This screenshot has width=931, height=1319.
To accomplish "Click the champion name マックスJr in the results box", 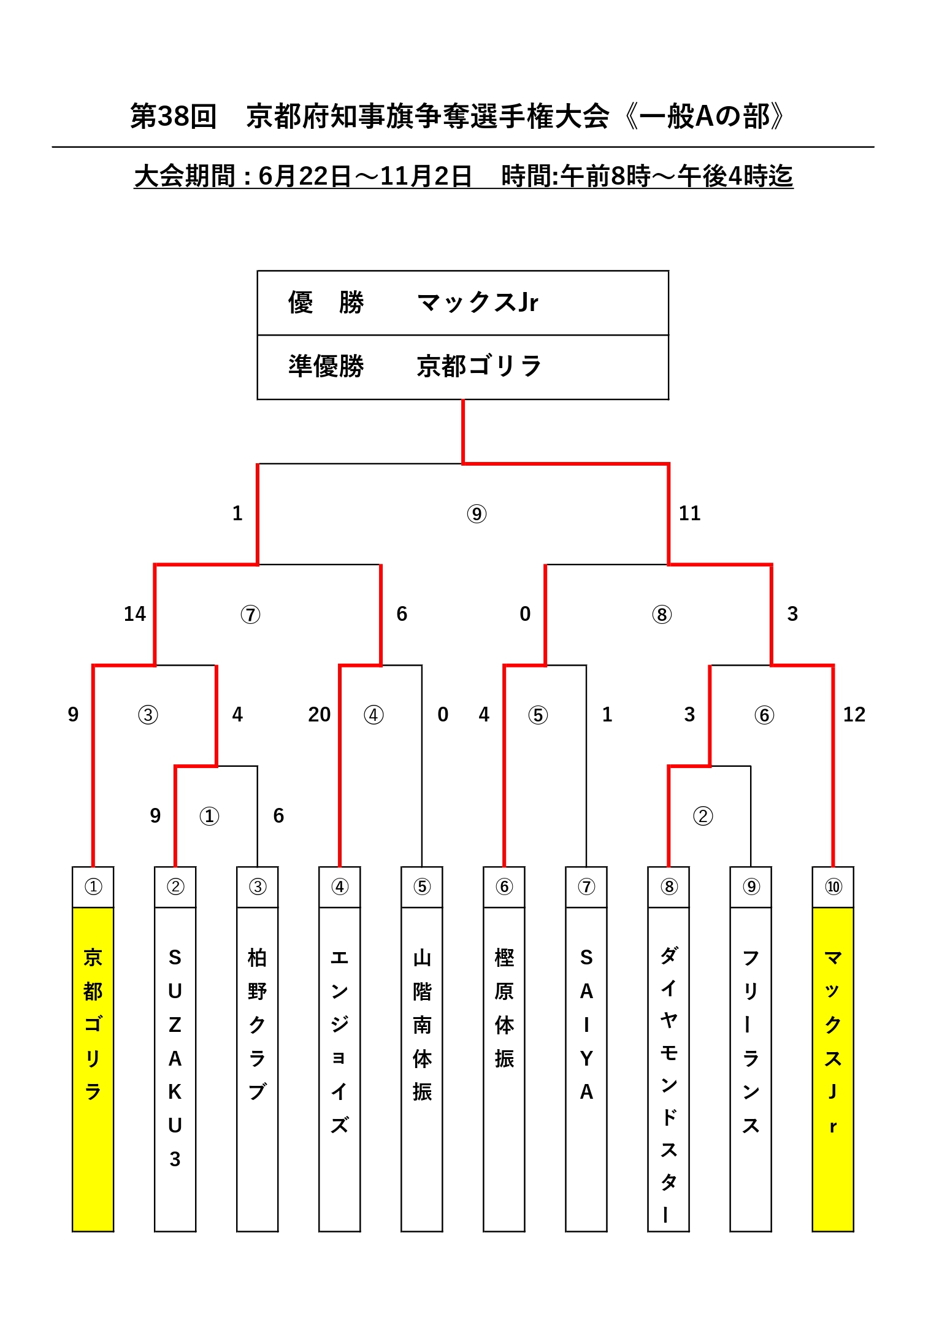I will click(x=477, y=302).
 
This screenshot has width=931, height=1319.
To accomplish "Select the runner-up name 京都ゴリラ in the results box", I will click(x=478, y=366).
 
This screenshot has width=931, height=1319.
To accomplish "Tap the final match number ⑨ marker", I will click(x=477, y=513).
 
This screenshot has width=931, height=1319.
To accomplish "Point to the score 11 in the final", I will click(x=689, y=513).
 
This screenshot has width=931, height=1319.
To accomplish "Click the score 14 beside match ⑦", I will click(x=135, y=613).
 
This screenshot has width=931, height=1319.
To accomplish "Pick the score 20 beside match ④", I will click(x=319, y=714).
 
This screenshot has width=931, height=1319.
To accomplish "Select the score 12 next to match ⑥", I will click(x=854, y=714).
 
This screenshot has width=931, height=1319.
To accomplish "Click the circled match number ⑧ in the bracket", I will click(x=662, y=614).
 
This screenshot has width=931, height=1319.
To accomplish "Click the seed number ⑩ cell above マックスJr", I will click(x=833, y=887).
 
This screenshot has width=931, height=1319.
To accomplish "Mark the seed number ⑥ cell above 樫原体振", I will click(x=504, y=887).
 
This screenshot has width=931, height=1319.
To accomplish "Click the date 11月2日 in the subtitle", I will click(x=426, y=177).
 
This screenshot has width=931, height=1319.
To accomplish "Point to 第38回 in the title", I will click(x=174, y=116).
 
